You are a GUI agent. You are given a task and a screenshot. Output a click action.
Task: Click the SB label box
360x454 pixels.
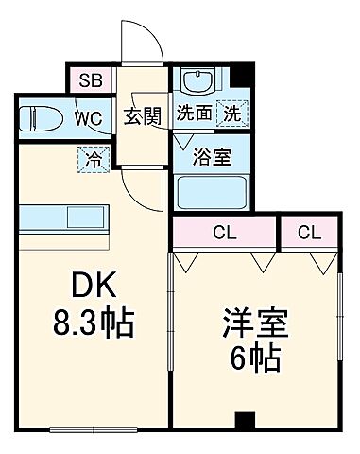(x=91, y=79)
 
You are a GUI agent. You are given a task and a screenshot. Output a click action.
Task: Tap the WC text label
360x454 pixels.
(x=90, y=118)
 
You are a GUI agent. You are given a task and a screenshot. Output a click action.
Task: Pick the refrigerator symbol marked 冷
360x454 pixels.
(x=92, y=159)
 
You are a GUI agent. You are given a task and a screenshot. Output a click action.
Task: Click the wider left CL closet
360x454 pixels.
(x=224, y=232)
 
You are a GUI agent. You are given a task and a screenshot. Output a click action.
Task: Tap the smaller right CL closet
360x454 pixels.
(x=309, y=232)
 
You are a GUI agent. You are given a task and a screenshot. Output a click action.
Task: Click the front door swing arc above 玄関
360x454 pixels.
(x=138, y=43)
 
